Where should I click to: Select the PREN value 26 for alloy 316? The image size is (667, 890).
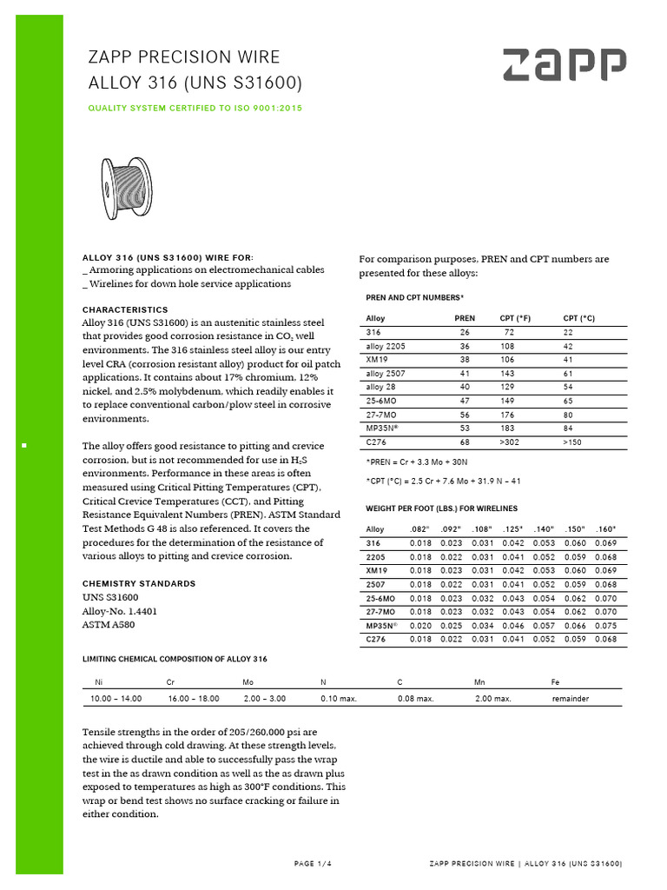(465, 333)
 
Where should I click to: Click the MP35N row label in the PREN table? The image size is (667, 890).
(383, 428)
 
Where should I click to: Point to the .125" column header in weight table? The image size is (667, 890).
(512, 529)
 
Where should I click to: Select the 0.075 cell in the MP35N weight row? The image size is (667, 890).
(605, 626)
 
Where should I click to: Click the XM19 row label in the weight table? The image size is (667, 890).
(376, 570)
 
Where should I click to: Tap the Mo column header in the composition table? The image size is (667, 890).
(248, 682)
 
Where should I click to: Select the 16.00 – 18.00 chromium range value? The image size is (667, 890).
(194, 698)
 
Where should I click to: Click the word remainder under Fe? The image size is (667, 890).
(570, 698)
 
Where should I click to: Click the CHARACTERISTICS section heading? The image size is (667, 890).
(125, 309)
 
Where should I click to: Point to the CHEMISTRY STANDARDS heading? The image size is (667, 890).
(139, 583)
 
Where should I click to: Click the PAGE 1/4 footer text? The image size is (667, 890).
(313, 863)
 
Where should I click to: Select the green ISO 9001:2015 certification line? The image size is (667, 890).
(195, 108)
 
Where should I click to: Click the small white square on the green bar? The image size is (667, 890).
(24, 445)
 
